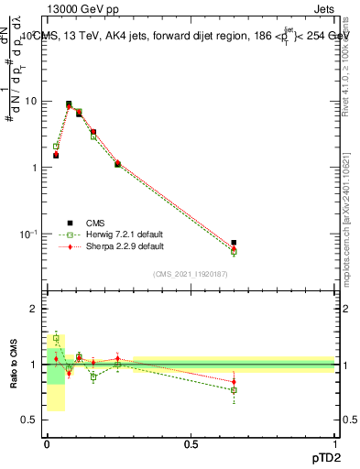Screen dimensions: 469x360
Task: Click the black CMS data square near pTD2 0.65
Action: [x=234, y=243]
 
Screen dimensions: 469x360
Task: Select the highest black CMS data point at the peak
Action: [x=69, y=104]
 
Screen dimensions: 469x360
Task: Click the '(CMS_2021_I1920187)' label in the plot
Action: [x=191, y=274]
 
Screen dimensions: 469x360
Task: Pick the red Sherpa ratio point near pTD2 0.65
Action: [x=234, y=382]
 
